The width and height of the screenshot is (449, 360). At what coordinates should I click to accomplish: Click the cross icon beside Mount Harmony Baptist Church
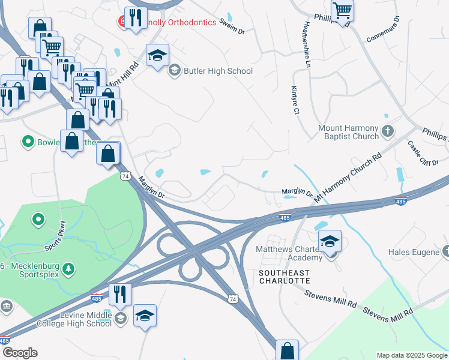[x=388, y=131]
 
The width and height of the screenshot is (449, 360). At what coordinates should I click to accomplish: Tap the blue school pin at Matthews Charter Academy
[x=330, y=241]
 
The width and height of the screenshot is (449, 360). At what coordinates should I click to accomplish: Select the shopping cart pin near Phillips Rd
[x=342, y=10]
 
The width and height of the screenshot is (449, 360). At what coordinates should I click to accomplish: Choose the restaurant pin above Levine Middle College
[x=119, y=294]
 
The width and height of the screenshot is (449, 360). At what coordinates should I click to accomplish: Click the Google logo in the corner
[x=19, y=353]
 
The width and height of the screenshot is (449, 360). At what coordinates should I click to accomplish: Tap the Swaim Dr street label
[x=233, y=26]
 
